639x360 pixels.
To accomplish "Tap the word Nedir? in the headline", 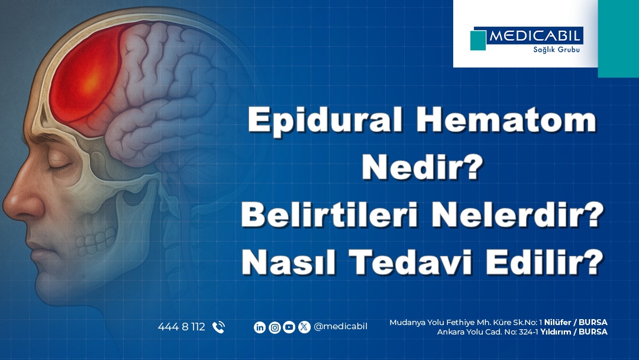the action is coord(422,168).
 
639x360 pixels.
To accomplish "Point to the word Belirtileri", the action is coord(330,215).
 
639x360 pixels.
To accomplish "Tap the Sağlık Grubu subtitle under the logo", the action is coord(556,50).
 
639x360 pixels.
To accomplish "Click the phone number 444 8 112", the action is coord(182,327).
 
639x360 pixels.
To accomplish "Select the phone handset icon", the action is coord(218,327).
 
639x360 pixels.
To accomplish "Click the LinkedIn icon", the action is coord(260,327).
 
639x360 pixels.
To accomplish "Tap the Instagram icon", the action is coord(275,327).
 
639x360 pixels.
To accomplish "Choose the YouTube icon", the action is coord(289,327).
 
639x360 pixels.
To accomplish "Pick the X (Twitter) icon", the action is coord(304,327).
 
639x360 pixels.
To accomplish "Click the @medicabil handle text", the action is coord(340,327).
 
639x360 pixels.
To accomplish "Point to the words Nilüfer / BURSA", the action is coord(576,323).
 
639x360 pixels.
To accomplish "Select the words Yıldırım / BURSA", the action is coord(574,332).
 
